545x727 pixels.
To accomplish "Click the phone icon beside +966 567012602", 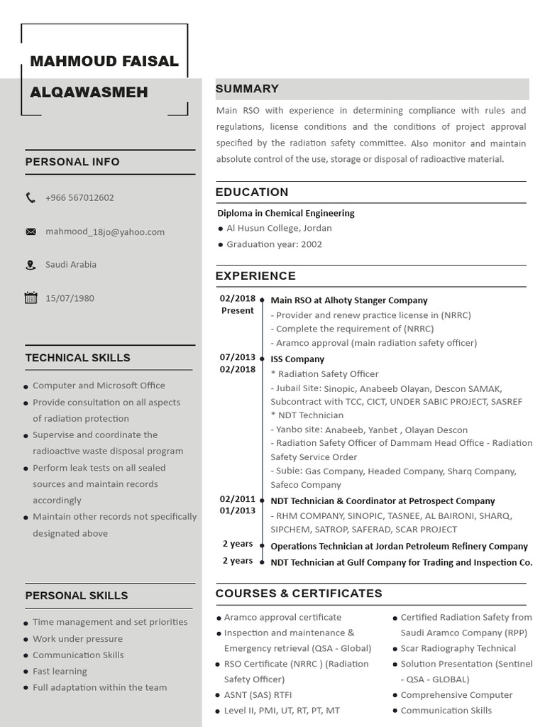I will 30,198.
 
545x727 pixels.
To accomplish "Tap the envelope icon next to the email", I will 31,231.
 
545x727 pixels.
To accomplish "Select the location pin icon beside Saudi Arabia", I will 30,265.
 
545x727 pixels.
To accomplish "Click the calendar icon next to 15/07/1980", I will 31,298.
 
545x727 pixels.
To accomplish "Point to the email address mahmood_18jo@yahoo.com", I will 105,231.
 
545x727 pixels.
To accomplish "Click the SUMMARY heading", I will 247,89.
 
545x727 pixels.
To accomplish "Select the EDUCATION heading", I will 252,192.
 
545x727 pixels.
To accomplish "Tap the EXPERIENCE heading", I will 255,276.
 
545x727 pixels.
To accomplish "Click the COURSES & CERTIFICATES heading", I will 299,594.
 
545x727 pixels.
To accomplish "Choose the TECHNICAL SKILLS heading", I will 77,358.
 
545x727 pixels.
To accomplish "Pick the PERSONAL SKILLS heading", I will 77,596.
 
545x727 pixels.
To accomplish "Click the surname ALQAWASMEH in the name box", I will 89,92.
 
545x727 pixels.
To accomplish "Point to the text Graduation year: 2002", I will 274,244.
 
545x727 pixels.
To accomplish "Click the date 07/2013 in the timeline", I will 237,357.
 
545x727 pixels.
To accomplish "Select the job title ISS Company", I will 297,359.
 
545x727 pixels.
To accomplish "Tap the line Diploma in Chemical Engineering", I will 286,213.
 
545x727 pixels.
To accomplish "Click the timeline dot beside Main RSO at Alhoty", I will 263,301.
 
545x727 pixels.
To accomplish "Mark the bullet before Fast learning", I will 26,672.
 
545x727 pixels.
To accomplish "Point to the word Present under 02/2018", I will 237,310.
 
